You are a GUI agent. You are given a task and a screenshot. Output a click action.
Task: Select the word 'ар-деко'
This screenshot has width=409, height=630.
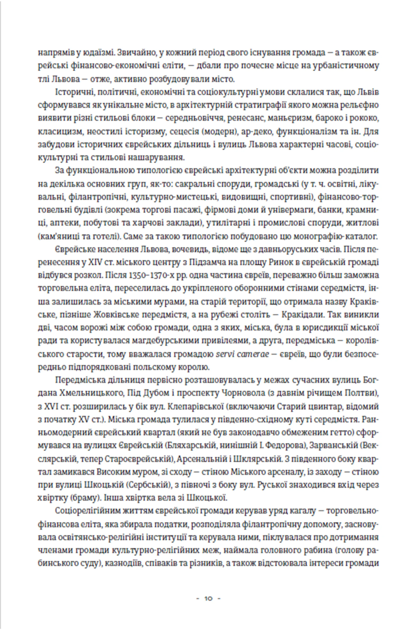[x=256, y=131]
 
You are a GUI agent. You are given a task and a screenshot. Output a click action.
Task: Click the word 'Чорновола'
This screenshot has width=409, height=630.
[x=241, y=393]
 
